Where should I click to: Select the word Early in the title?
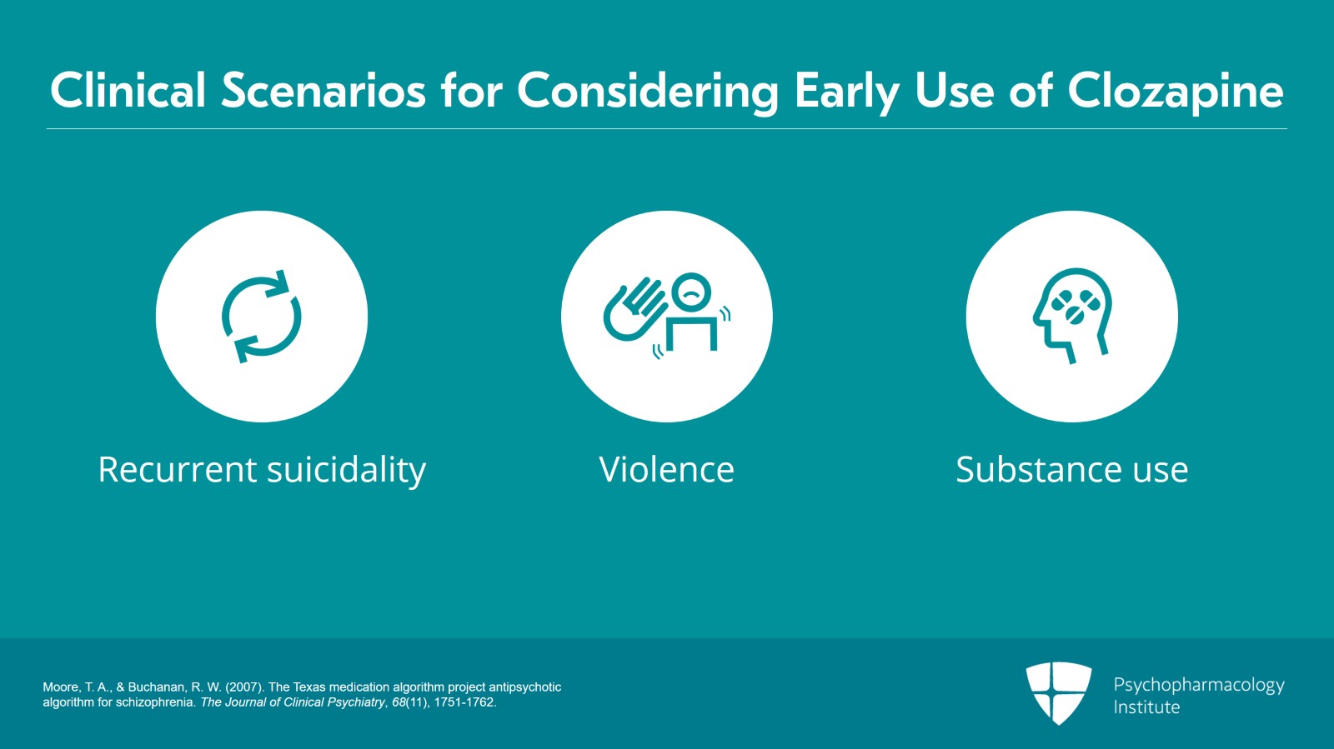847,92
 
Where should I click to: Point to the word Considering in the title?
648,92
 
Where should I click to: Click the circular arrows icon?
262,317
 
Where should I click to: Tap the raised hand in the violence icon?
634,309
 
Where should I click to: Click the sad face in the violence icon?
691,292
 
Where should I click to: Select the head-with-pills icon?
1072,316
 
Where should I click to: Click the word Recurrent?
177,469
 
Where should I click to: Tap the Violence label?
666,469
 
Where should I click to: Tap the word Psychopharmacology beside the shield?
1199,686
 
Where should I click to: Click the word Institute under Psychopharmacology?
1146,707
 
